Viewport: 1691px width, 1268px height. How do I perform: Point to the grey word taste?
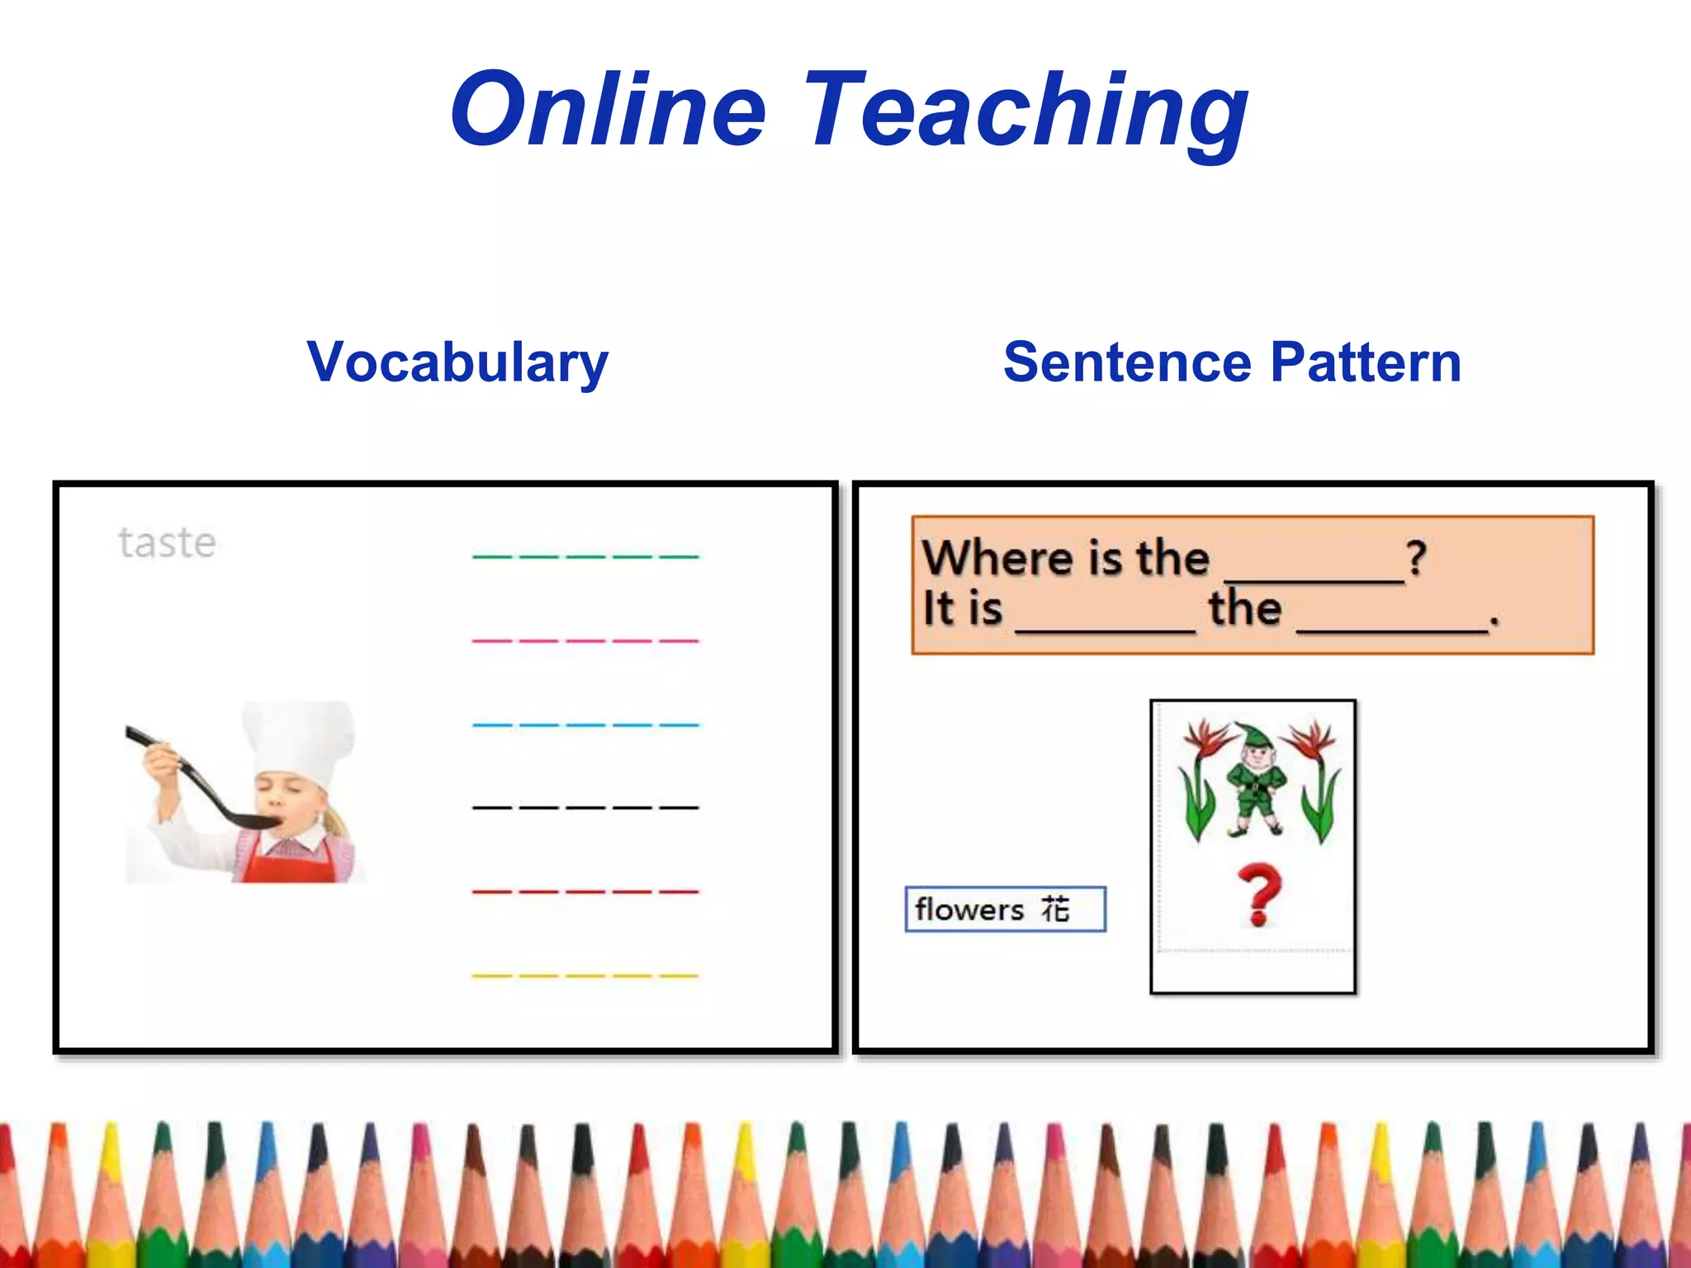point(168,543)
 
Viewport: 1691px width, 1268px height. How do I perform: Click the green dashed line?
point(585,557)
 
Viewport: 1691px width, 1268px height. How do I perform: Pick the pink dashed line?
point(585,641)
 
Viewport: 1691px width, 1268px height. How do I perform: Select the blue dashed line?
point(585,725)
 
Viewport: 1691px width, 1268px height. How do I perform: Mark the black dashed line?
point(585,807)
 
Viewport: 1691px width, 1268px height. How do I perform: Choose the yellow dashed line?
point(585,976)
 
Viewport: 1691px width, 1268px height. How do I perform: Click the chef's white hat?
point(299,739)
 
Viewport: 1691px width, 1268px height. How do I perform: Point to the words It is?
point(963,609)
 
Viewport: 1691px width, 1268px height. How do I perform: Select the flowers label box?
point(1005,910)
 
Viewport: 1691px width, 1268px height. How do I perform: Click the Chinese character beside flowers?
point(1055,909)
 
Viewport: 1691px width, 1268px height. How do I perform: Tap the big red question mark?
point(1258,895)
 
